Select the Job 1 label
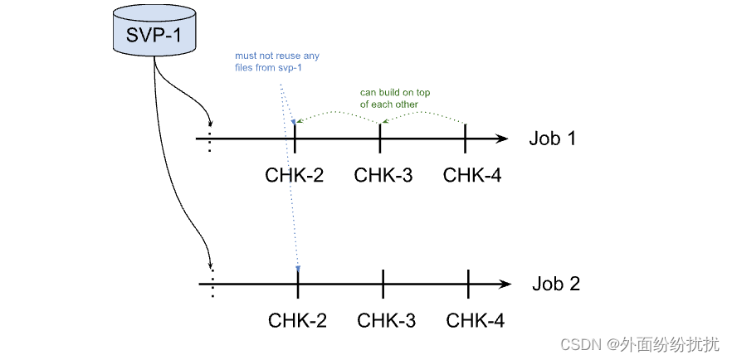(x=552, y=139)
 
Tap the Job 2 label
(x=555, y=285)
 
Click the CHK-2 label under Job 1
(x=295, y=175)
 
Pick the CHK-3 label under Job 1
(x=383, y=175)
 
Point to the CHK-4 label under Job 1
(x=471, y=175)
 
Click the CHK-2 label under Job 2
(x=297, y=320)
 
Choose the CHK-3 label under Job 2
(x=386, y=320)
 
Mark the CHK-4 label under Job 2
(x=475, y=320)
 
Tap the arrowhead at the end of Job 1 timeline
(x=501, y=139)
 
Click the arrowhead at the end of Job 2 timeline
(x=505, y=285)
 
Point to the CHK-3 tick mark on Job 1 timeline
(x=380, y=139)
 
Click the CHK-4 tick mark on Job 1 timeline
(x=466, y=139)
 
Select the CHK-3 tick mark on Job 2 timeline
(x=383, y=285)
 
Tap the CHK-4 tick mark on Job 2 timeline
(x=469, y=285)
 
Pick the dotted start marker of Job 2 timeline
(x=212, y=285)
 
